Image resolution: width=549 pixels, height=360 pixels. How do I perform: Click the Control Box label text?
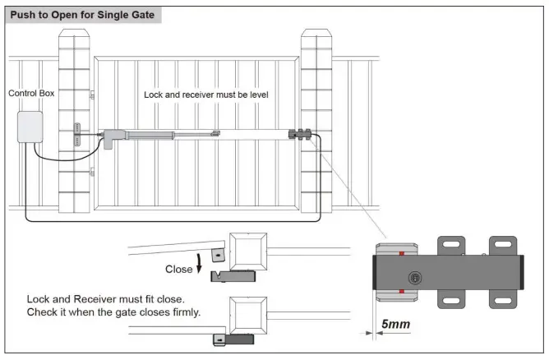31,94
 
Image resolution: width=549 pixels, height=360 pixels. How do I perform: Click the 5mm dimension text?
395,325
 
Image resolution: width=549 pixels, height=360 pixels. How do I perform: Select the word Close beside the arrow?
178,269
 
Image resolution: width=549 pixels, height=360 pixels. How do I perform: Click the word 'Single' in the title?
109,15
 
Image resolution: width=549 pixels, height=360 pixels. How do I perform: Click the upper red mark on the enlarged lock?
400,253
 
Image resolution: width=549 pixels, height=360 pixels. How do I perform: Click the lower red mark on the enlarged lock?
400,291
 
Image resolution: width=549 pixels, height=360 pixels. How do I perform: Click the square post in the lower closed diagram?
248,316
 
